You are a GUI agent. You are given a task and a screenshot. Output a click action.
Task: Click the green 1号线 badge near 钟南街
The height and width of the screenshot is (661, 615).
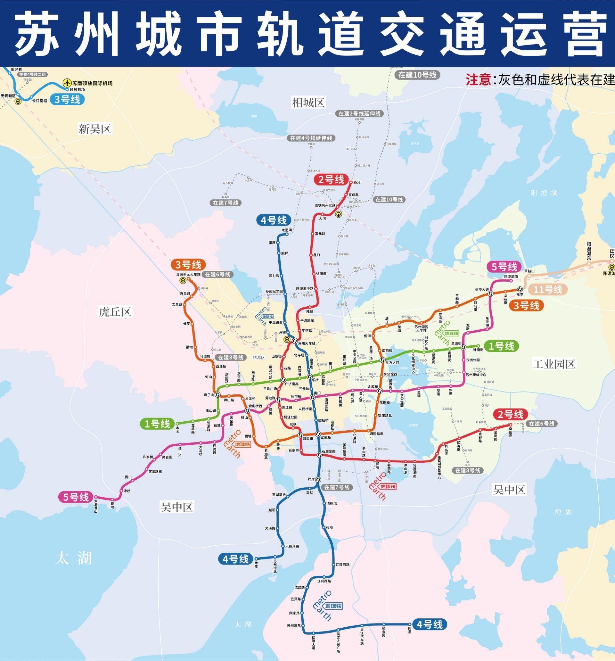[x=501, y=346]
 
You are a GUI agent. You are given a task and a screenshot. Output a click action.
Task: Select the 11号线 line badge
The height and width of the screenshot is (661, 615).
[x=548, y=290]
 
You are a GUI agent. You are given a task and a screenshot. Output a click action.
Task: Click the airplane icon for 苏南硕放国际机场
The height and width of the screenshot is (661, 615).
[x=68, y=83]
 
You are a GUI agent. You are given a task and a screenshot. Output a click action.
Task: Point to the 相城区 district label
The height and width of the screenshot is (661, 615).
[x=308, y=103]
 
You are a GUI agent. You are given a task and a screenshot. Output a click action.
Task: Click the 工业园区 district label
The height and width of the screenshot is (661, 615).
[x=554, y=364]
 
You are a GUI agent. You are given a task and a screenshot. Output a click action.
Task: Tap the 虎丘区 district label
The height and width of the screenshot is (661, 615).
[x=115, y=311]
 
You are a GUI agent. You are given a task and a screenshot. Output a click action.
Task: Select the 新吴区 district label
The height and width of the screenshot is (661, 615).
[x=95, y=129]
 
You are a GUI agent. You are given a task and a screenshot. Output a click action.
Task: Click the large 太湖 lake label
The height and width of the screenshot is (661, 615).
[x=73, y=558]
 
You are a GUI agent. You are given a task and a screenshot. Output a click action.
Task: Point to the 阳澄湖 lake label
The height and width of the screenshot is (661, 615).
[x=544, y=193]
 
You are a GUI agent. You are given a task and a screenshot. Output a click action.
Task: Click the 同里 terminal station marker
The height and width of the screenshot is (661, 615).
[x=409, y=624]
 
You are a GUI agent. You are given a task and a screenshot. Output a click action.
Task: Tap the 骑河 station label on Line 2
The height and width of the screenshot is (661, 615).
[x=357, y=183]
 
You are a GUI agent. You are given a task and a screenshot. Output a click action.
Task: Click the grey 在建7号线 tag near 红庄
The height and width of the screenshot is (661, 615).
[x=337, y=487]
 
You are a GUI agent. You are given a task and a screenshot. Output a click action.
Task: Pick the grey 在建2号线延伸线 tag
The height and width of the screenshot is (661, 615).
[x=359, y=113]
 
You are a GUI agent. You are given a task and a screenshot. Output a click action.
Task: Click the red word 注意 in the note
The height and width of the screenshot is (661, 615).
[x=478, y=80]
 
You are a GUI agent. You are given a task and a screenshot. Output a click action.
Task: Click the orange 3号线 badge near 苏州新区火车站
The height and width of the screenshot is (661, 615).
[x=188, y=265]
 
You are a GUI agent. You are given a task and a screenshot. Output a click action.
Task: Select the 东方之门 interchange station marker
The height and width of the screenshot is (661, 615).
[x=383, y=360]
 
